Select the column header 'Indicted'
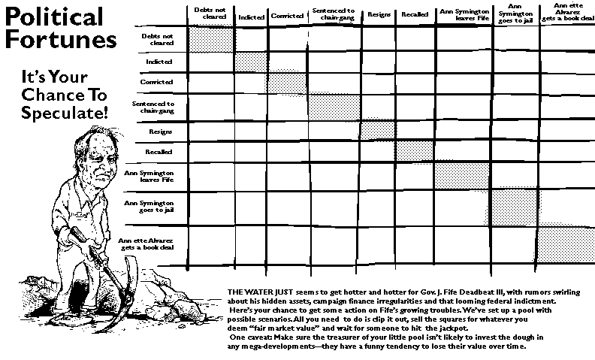click(251, 17)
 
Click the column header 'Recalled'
click(415, 15)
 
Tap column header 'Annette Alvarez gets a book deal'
click(567, 12)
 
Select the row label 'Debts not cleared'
click(158, 38)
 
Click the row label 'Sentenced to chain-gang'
click(153, 107)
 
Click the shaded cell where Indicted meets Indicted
click(251, 62)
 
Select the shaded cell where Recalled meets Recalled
click(415, 150)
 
